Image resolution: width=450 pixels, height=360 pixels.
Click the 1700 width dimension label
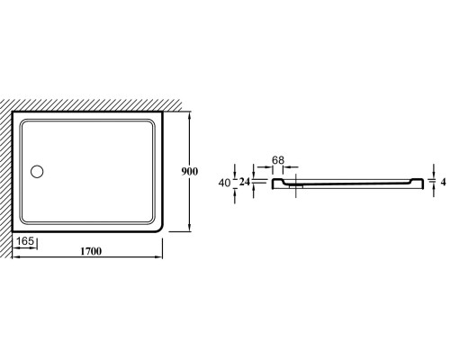point(91,251)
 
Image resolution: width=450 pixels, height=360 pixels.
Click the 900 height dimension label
point(190,171)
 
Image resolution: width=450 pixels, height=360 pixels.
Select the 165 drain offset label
point(25,241)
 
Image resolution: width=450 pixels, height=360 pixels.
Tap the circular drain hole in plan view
point(37,172)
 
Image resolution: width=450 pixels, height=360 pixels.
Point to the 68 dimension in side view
point(278,160)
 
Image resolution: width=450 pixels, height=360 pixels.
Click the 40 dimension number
point(225,183)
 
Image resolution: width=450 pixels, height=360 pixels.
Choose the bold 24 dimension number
point(245,182)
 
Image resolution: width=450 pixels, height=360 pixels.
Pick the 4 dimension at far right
point(444,182)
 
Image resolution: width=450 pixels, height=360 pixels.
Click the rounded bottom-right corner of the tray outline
point(159,229)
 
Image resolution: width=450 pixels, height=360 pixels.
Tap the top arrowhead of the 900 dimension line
point(189,114)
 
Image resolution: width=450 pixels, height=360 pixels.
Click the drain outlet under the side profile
point(296,185)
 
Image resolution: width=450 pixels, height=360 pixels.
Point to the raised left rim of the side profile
point(277,181)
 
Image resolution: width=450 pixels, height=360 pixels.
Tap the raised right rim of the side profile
point(418,181)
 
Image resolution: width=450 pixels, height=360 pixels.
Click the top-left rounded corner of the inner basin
point(23,123)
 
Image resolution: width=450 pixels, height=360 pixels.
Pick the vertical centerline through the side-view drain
point(296,185)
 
